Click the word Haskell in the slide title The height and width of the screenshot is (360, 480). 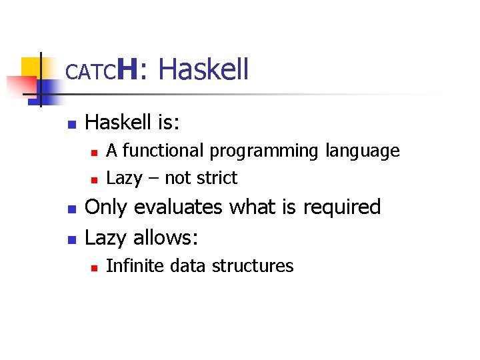point(204,69)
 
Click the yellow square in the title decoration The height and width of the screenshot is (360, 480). point(31,67)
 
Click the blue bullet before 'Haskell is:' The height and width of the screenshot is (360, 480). point(71,124)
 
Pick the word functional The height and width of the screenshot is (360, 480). point(164,151)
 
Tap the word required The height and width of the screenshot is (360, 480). point(341,208)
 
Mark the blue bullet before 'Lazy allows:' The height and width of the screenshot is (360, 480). point(71,238)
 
